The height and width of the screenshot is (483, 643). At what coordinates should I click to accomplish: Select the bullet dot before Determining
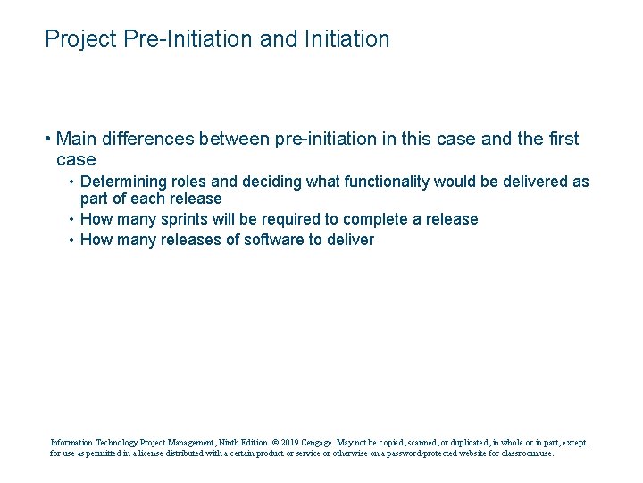pos(71,182)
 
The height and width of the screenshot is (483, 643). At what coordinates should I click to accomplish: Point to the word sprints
pos(187,219)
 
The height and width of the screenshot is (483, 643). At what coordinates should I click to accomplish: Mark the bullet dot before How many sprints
pos(71,219)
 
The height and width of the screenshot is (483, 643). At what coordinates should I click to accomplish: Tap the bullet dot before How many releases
pos(71,240)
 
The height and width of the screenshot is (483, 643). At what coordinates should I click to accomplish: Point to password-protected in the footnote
pos(413,453)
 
